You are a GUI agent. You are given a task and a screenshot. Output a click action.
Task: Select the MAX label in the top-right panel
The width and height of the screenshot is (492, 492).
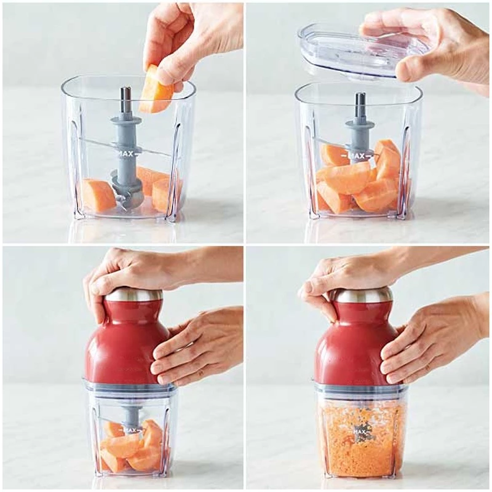coord(357,156)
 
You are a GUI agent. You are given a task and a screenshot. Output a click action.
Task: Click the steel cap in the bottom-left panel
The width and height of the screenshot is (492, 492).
coord(133,296)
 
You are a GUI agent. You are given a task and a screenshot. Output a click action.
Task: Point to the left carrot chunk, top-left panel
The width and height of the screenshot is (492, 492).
coord(98,194)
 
